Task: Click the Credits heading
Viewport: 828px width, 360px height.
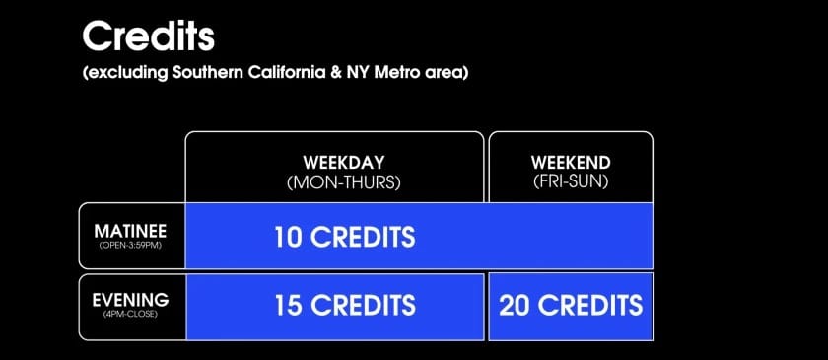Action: [148, 36]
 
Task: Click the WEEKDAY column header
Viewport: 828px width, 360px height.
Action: [335, 162]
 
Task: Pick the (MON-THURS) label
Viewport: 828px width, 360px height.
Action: [335, 182]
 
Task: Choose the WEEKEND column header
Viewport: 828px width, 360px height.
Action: [571, 162]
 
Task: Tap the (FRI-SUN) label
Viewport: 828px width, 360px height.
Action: [571, 182]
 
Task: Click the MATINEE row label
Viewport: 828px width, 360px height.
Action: [131, 231]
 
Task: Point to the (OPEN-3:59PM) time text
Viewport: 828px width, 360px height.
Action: [131, 246]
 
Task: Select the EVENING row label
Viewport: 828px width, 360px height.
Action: [131, 299]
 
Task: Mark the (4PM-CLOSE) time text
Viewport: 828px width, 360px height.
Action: [131, 315]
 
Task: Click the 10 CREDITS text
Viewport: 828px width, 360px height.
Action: [344, 237]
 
